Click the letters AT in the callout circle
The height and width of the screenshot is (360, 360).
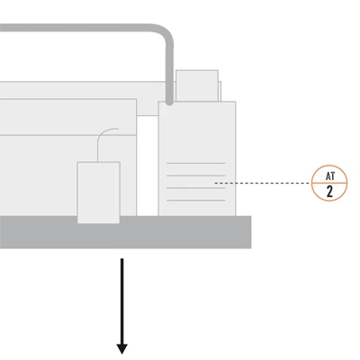[329, 176]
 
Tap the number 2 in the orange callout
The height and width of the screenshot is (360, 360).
[329, 192]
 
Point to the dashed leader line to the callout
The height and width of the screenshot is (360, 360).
[263, 183]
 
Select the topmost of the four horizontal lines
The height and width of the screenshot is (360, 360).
[196, 163]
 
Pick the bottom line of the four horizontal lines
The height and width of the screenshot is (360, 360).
[196, 200]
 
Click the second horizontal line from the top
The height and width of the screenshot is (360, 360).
[196, 175]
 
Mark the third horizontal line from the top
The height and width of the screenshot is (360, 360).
[196, 188]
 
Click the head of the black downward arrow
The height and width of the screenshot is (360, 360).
[122, 348]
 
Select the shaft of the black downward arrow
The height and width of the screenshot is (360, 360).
[122, 301]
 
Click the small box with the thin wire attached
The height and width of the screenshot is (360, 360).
[99, 193]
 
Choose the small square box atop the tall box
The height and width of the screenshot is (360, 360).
[197, 85]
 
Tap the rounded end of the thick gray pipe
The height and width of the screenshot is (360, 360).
[169, 103]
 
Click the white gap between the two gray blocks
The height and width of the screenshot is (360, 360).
[148, 166]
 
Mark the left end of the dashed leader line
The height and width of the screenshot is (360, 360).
[215, 183]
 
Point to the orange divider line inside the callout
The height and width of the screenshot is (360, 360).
[329, 183]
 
